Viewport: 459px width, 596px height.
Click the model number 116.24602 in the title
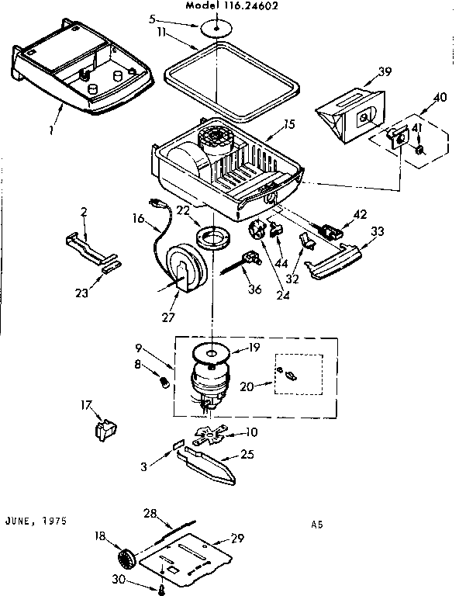pos(257,5)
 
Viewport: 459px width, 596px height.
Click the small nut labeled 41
pos(418,149)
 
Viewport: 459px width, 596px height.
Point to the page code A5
pos(316,525)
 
